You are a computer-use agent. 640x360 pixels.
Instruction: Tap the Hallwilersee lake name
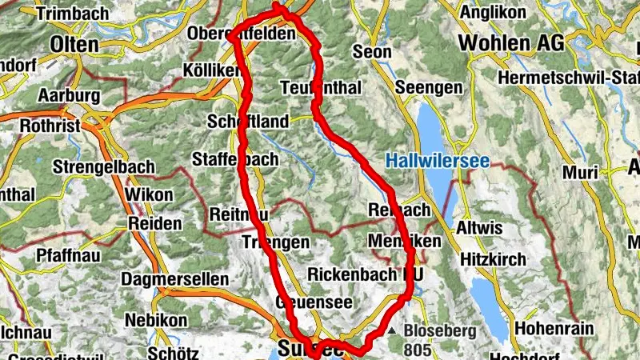[437, 161]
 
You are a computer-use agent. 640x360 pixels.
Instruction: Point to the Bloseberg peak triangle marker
[393, 330]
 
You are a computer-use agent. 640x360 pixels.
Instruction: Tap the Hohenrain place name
[551, 328]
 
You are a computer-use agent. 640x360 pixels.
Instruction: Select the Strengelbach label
[98, 168]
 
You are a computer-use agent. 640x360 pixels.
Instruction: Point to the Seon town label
[372, 53]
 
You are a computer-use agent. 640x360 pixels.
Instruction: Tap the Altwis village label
[478, 229]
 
